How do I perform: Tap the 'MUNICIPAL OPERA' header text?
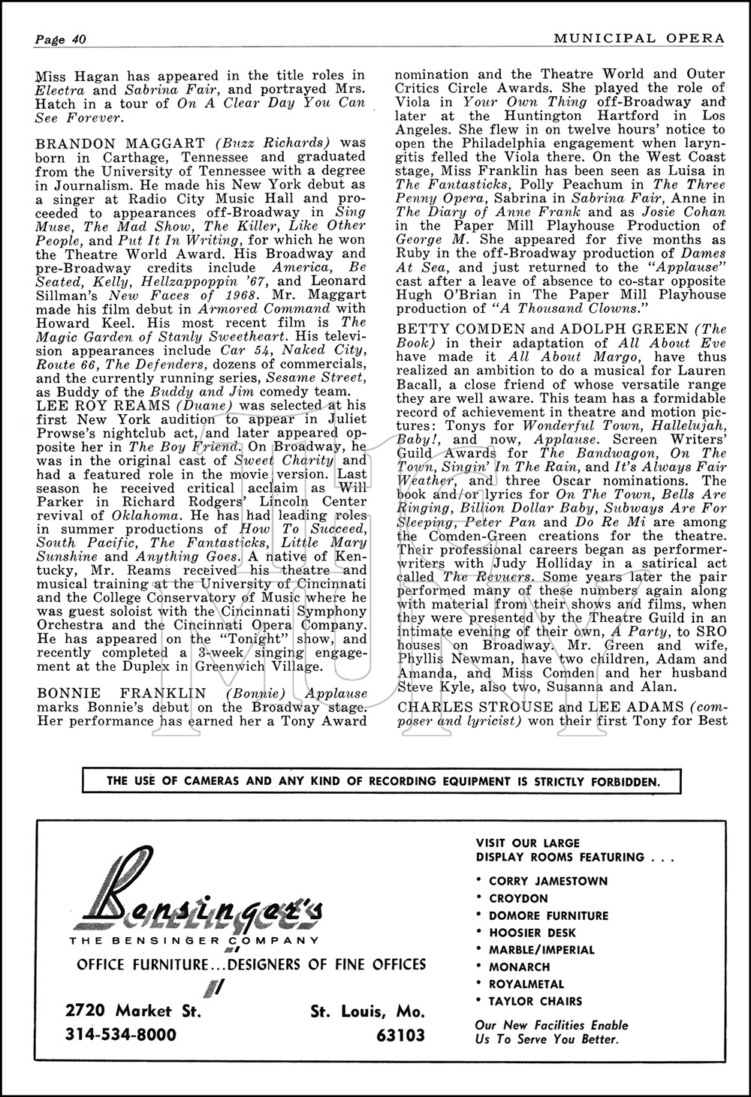[x=638, y=38]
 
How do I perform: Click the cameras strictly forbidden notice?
[x=384, y=781]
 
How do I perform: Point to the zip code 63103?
[x=400, y=1035]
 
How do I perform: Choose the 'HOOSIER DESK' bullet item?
[x=532, y=933]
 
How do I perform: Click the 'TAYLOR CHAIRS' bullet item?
[x=535, y=1001]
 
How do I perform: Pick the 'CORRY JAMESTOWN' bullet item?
[x=547, y=881]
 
